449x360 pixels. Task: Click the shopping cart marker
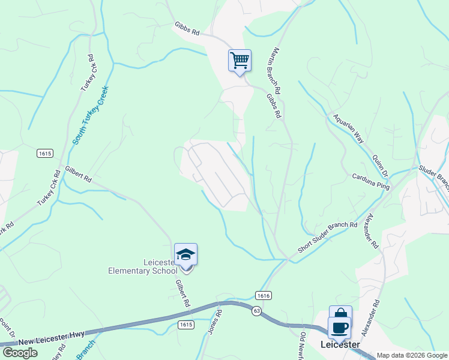point(240,61)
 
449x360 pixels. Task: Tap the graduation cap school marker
point(185,255)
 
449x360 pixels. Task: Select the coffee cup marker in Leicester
point(339,328)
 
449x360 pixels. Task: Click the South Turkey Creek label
point(91,115)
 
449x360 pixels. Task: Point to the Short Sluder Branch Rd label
point(328,238)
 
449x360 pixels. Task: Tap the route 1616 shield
point(263,295)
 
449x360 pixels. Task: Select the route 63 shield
point(256,311)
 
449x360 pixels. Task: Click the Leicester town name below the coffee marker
point(340,344)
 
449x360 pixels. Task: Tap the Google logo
point(20,353)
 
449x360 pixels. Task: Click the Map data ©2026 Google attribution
point(412,355)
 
